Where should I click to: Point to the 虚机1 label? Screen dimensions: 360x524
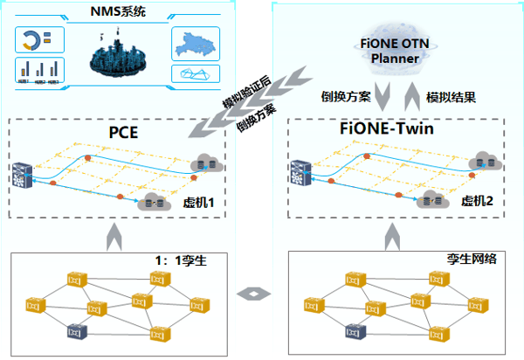point(198,203)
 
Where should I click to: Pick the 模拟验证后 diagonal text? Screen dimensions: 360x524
point(245,93)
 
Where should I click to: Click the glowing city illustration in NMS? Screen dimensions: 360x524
point(121,57)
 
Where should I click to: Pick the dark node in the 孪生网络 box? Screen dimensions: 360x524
point(354,331)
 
